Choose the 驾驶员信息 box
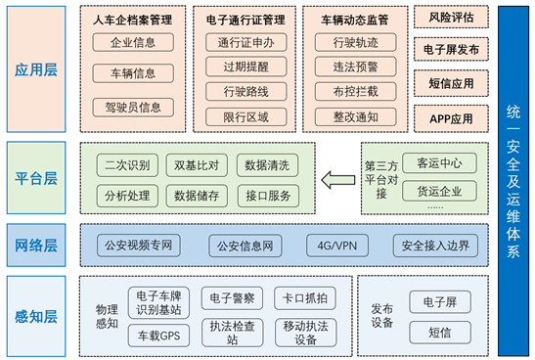click(133, 106)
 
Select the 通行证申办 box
click(246, 42)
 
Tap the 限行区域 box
click(246, 116)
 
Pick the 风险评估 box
click(451, 18)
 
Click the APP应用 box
click(451, 118)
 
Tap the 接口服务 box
click(266, 195)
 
